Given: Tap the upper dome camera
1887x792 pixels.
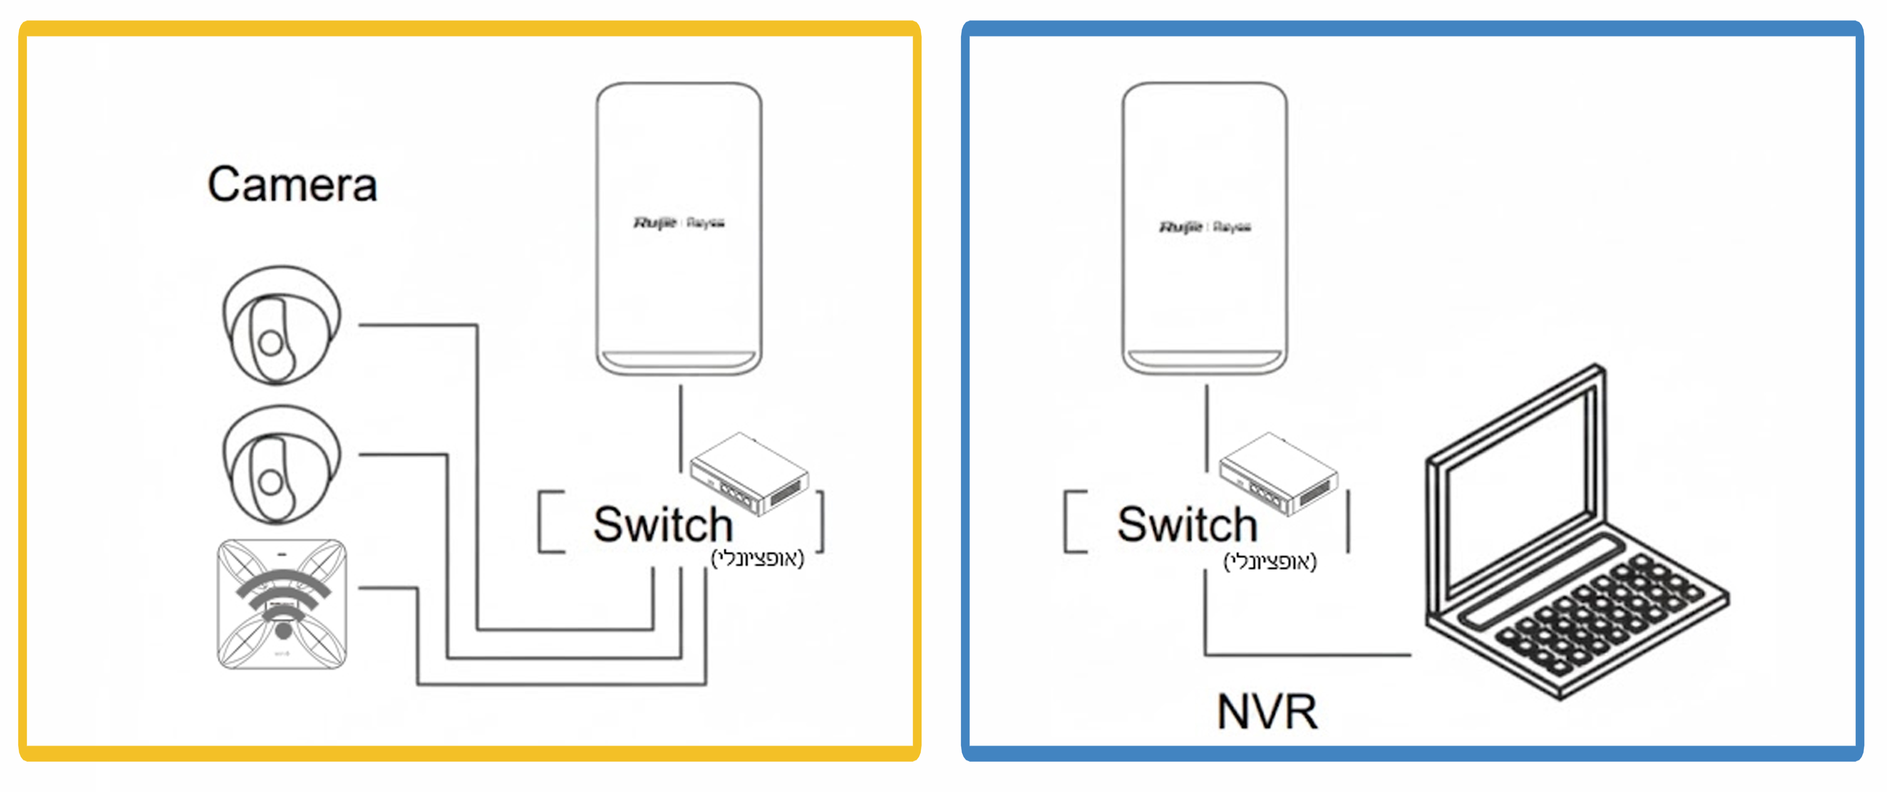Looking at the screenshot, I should click(281, 325).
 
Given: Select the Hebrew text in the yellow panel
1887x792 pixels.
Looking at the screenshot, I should click(757, 559).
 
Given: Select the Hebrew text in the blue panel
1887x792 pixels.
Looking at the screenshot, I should click(1270, 562).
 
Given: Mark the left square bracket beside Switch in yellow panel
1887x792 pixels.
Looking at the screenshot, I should click(550, 521).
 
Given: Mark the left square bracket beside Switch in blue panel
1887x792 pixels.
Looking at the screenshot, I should click(1074, 521).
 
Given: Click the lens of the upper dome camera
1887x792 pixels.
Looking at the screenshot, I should click(270, 343).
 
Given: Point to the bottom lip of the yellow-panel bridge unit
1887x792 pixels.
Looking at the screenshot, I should click(678, 361).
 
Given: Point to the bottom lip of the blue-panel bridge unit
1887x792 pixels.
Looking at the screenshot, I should click(1204, 361).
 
